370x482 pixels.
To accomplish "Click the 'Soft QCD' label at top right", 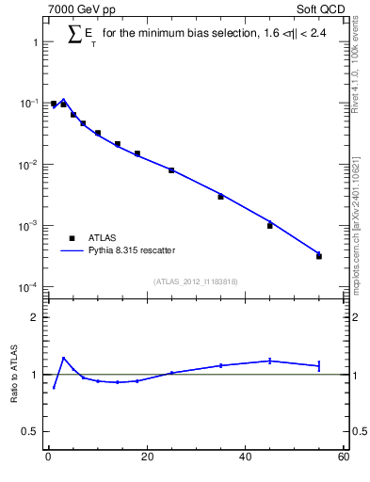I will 320,10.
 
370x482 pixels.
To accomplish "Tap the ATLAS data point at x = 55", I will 319,256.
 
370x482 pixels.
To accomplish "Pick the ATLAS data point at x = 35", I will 220,197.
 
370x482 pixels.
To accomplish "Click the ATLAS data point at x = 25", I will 171,170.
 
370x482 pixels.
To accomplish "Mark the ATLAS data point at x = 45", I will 270,226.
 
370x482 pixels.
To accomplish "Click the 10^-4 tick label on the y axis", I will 28,287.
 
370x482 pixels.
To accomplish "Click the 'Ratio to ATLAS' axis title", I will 14,375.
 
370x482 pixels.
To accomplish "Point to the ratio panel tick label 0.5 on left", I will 30,432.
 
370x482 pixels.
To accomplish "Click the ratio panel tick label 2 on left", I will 34,317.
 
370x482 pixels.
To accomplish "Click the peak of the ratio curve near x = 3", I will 63,358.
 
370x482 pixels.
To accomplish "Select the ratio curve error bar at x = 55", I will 319,365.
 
